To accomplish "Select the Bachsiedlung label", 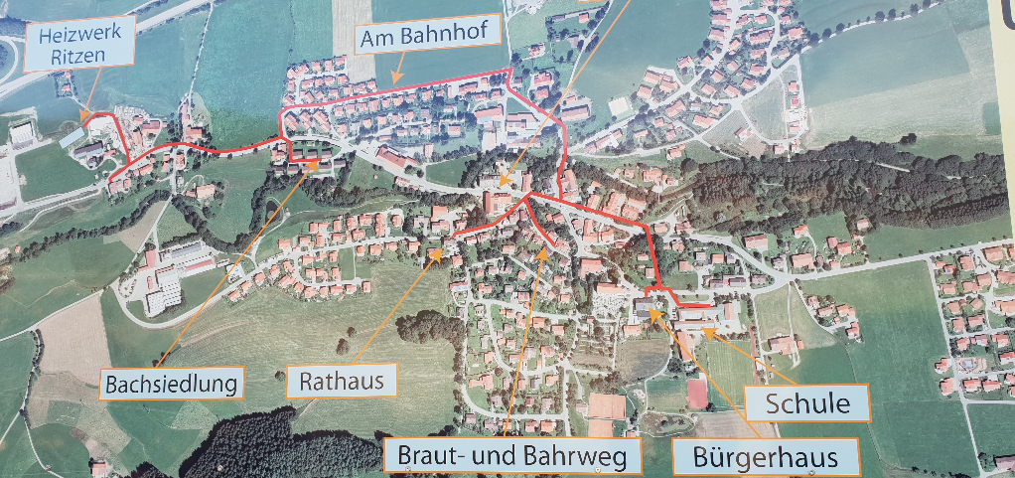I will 173,383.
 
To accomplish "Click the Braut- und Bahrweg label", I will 512,456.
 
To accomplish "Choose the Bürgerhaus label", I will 764,458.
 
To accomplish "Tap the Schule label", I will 807,403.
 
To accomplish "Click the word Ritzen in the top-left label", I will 72,57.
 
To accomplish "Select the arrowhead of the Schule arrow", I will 704,331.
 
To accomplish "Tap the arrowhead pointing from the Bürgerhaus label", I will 652,311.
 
